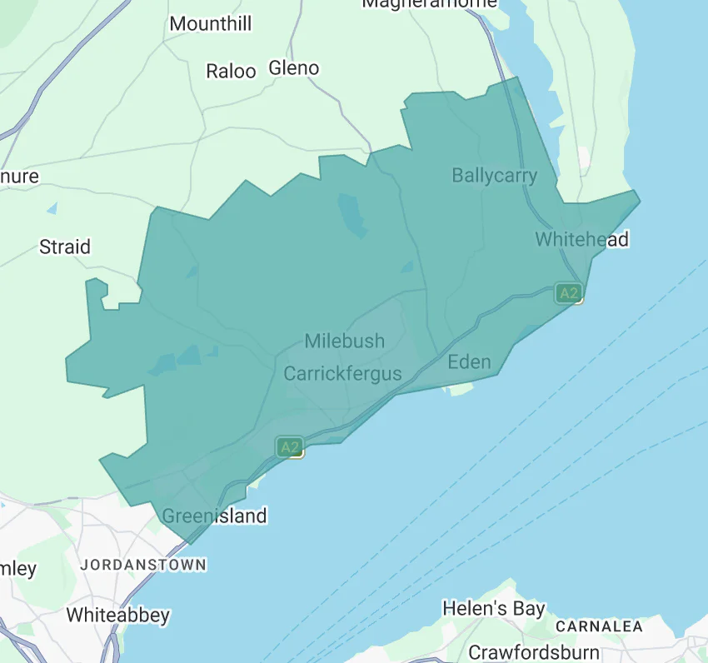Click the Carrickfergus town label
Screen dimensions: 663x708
click(x=342, y=373)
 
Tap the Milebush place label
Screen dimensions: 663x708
click(x=344, y=341)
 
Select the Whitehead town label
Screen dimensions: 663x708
click(x=581, y=240)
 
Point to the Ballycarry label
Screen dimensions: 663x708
click(x=494, y=176)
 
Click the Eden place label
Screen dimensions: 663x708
click(x=469, y=361)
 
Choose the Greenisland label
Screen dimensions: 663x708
click(x=214, y=516)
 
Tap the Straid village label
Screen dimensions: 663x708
click(x=65, y=247)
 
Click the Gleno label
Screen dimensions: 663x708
click(x=294, y=68)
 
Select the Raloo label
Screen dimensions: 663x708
click(x=231, y=72)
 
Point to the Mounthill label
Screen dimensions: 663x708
click(x=210, y=23)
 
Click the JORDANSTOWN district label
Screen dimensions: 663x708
click(x=143, y=565)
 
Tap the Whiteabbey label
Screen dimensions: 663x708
click(x=117, y=616)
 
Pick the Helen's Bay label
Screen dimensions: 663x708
click(x=493, y=609)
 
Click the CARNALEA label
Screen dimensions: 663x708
click(x=599, y=626)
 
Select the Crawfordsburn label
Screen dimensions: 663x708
click(x=533, y=651)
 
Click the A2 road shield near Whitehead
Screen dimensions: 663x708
click(x=568, y=293)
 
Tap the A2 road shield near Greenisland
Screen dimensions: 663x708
click(x=289, y=447)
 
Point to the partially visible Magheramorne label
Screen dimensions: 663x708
click(x=429, y=4)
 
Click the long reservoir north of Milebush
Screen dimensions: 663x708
click(x=352, y=215)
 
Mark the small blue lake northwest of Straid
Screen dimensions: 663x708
click(x=52, y=207)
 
